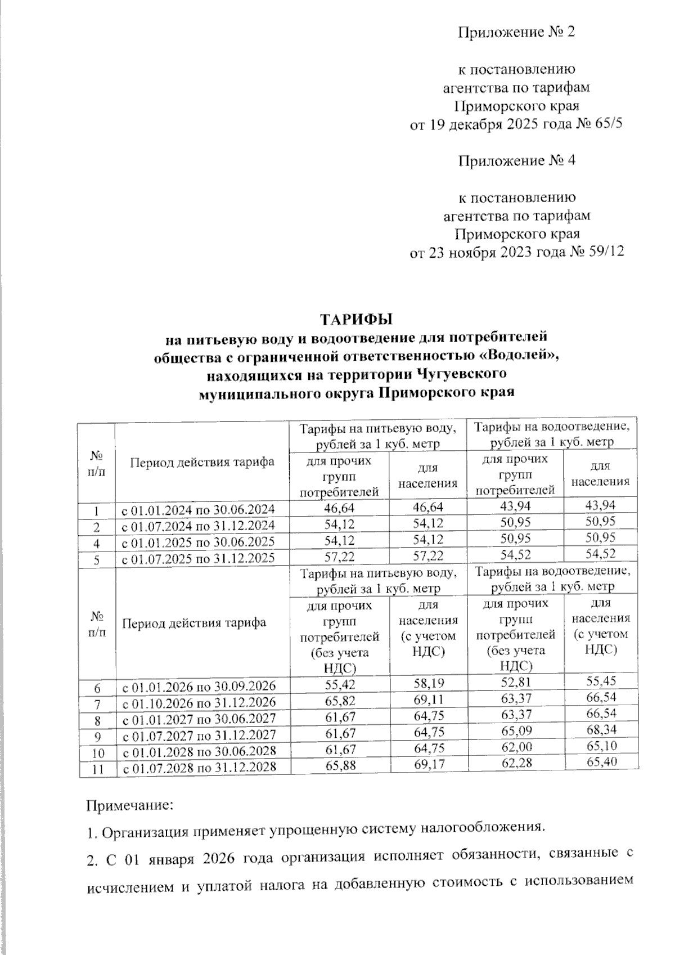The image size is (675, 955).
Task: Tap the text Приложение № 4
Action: click(x=517, y=161)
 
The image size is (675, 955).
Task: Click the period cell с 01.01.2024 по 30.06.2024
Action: click(x=199, y=510)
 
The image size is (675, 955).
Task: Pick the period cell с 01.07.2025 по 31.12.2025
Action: click(x=199, y=558)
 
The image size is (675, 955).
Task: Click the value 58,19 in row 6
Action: click(x=428, y=684)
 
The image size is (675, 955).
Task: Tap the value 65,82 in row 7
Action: click(x=341, y=701)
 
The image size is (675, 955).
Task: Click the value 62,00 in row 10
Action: click(x=515, y=747)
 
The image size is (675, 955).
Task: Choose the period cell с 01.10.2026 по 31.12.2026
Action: click(x=199, y=702)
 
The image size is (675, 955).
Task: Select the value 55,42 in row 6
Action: click(x=341, y=685)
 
